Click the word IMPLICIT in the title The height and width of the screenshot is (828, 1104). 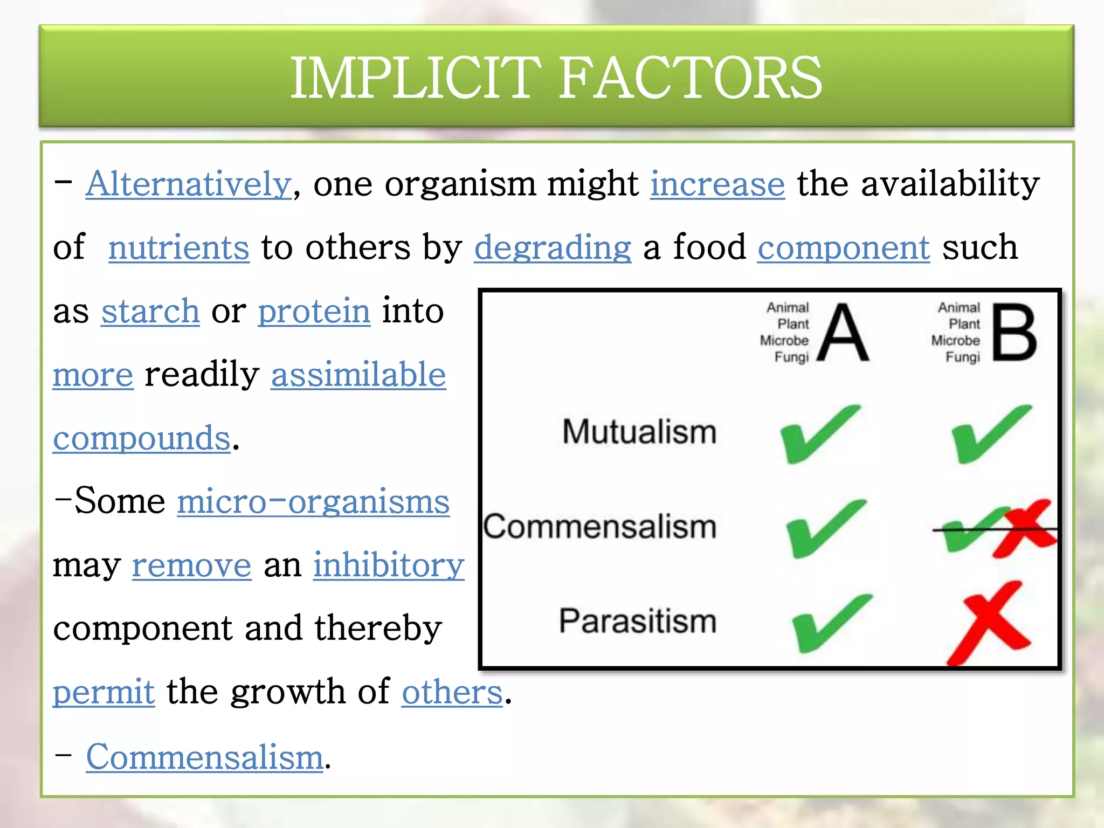pyautogui.click(x=415, y=78)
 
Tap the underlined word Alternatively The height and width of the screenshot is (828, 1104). pyautogui.click(x=189, y=184)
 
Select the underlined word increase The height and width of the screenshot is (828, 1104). pyautogui.click(x=717, y=184)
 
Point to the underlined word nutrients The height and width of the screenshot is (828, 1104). pyautogui.click(x=179, y=247)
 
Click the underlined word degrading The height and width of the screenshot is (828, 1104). pyautogui.click(x=553, y=247)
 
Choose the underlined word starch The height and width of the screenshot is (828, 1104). pyautogui.click(x=150, y=311)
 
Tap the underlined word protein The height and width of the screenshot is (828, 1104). pyautogui.click(x=314, y=311)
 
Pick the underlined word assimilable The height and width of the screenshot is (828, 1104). pyautogui.click(x=358, y=375)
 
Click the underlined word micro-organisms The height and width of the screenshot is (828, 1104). pyautogui.click(x=313, y=502)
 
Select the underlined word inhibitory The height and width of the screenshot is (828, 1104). pyautogui.click(x=389, y=565)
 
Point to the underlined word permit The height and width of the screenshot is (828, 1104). pyautogui.click(x=103, y=692)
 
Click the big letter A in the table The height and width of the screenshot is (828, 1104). pyautogui.click(x=843, y=333)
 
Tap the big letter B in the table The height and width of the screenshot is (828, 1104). pyautogui.click(x=1014, y=333)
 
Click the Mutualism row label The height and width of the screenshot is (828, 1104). pyautogui.click(x=639, y=432)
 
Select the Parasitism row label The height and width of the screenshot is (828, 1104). pyautogui.click(x=638, y=621)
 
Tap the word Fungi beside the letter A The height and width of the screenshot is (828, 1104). pyautogui.click(x=791, y=357)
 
